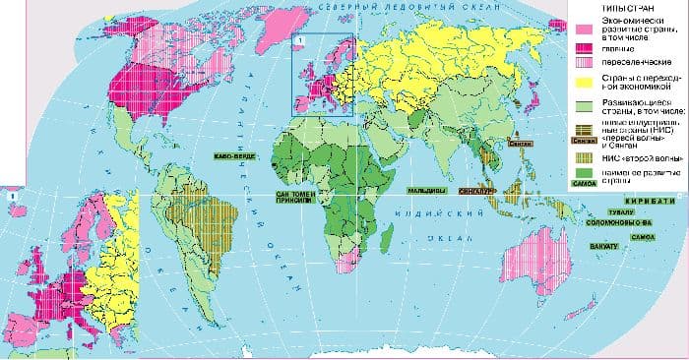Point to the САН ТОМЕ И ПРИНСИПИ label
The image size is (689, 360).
294,201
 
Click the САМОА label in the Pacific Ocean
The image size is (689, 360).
644,237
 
